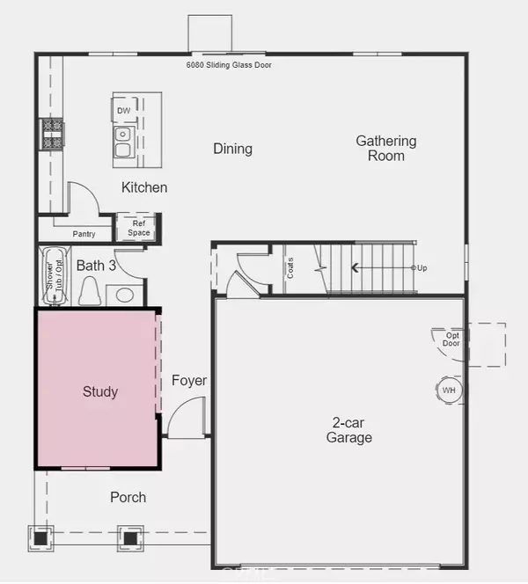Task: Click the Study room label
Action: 100,391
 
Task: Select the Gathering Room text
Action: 386,148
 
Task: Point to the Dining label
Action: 233,149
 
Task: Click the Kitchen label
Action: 144,187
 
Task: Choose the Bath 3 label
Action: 96,265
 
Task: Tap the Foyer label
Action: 189,381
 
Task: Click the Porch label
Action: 128,497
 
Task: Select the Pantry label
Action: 84,234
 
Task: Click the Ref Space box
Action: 139,228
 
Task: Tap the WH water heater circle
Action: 450,390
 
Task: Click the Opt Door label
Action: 452,339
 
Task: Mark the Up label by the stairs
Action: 422,267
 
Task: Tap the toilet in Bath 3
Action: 90,290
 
